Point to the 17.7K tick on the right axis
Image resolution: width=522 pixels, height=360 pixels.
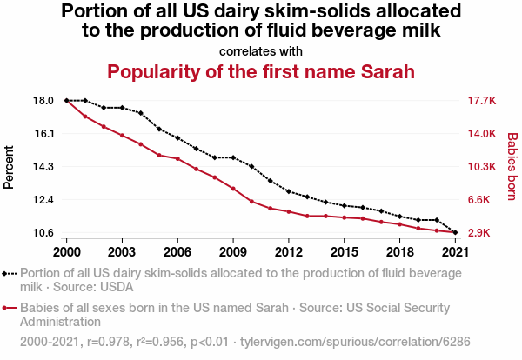coord(482,101)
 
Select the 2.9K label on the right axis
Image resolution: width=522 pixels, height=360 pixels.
coord(482,233)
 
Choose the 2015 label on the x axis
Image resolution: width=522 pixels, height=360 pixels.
coord(344,252)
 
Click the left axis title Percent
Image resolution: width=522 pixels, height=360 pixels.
coord(10,167)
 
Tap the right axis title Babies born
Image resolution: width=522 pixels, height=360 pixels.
coord(512,167)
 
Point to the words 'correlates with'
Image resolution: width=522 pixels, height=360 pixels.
coord(260,50)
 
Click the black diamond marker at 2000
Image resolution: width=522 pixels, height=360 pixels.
coord(67,101)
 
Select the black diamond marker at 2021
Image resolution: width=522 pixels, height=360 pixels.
coord(455,232)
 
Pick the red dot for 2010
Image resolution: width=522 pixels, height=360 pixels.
coord(251,202)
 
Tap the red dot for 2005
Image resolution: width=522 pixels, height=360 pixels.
coord(159,155)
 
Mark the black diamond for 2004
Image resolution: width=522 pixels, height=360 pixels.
coord(141,113)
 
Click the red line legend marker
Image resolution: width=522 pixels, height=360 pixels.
coord(10,308)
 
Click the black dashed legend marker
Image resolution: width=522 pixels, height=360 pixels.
coord(10,272)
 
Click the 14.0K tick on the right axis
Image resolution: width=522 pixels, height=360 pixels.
coord(482,134)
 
